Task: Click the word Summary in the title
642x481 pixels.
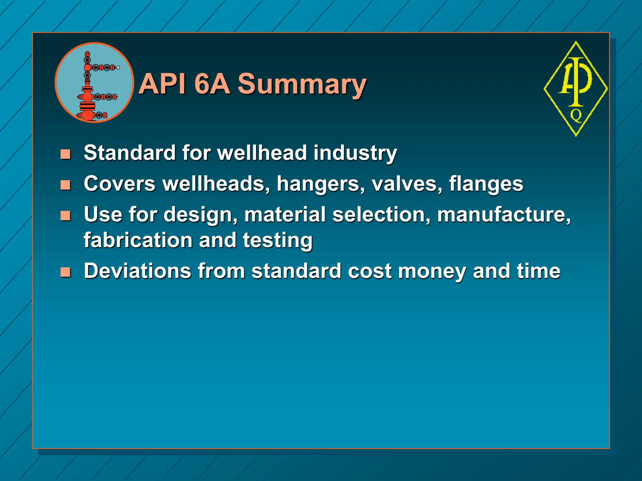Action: click(x=302, y=84)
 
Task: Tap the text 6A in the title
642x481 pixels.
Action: click(x=212, y=84)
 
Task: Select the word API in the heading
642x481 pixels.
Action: click(x=162, y=84)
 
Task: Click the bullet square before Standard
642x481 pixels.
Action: click(x=66, y=154)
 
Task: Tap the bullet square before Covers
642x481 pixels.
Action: click(x=66, y=185)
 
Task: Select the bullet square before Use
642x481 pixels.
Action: click(x=66, y=215)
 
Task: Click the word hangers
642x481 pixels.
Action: click(x=320, y=184)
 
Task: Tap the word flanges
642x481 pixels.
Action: click(x=486, y=184)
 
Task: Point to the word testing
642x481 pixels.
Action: click(x=277, y=240)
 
